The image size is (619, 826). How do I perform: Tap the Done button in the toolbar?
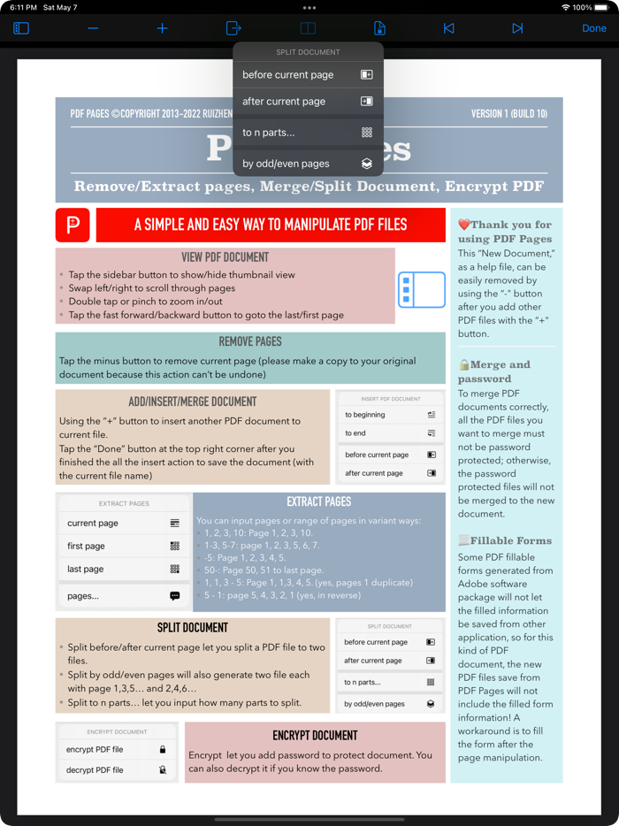(593, 28)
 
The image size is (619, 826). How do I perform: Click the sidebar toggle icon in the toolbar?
(21, 28)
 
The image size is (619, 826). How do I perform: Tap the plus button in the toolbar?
(162, 28)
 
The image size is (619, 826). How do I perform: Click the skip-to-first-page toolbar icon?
(448, 28)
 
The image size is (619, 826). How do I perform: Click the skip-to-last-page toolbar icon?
(517, 28)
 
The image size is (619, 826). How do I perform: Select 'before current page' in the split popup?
(308, 75)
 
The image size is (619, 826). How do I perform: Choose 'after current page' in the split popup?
(308, 102)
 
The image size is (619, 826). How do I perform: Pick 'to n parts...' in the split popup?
(308, 133)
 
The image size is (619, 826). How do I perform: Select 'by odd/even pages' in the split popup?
(308, 164)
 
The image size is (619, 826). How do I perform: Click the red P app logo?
(73, 225)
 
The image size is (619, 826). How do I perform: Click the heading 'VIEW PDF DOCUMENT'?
(225, 257)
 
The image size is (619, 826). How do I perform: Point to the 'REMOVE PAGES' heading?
(250, 341)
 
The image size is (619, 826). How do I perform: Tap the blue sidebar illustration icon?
(421, 289)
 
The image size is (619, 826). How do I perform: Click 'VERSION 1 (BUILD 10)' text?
(508, 114)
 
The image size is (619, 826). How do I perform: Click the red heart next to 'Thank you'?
(463, 225)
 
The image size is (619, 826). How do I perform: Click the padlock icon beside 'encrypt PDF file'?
(163, 750)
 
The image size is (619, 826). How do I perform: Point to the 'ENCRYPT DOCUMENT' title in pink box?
(315, 735)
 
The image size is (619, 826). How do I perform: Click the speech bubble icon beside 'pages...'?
(174, 596)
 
